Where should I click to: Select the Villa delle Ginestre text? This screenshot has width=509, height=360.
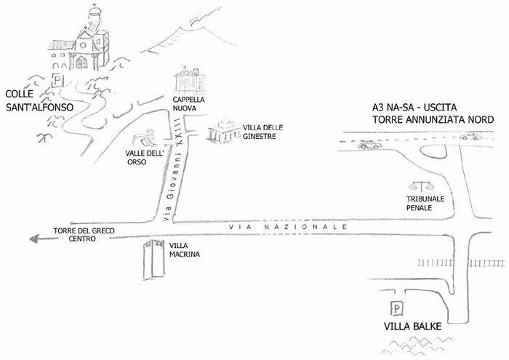254,132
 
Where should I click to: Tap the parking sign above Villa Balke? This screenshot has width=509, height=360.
398,309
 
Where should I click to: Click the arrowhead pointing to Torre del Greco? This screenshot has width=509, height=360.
30,236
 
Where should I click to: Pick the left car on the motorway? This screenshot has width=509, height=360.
369,144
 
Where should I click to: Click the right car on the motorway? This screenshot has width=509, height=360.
471,136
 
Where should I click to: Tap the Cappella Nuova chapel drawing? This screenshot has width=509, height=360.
187,79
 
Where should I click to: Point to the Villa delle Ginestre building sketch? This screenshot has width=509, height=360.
224,134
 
